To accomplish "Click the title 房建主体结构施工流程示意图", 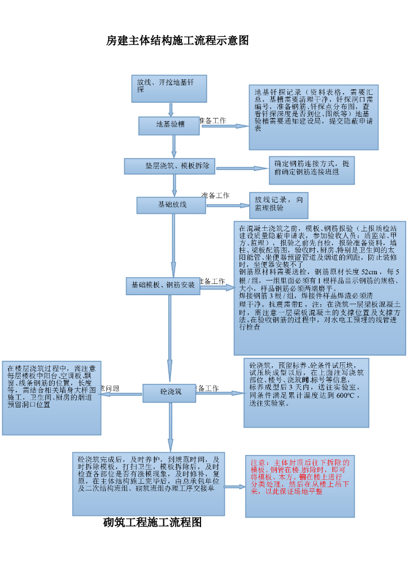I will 177,41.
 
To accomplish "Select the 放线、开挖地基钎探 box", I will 169,89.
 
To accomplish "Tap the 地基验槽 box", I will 169,125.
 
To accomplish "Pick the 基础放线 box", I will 171,205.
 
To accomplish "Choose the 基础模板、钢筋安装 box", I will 163,286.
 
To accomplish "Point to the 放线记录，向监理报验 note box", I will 279,205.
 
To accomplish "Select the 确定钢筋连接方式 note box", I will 311,170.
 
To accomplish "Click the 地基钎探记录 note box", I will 313,117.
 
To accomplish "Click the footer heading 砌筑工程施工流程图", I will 153,523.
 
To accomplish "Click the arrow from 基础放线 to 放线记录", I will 228,205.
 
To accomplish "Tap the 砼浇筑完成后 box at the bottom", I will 148,483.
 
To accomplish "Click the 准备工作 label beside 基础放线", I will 215,195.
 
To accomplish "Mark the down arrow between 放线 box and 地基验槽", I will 170,110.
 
